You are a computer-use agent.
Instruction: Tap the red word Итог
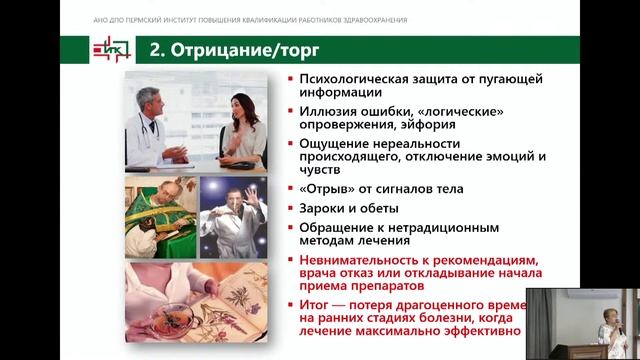[x=315, y=304]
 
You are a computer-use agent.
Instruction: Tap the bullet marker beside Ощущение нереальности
[x=289, y=143]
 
